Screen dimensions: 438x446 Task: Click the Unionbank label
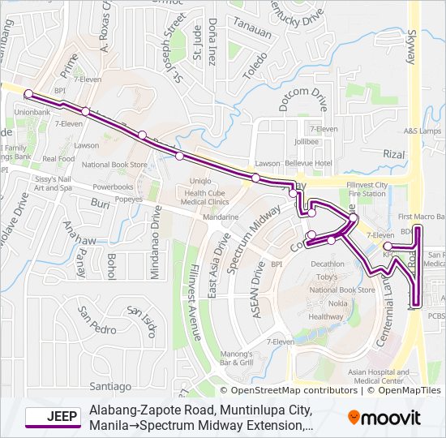pyautogui.click(x=32, y=111)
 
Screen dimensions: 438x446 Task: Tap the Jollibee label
pyautogui.click(x=307, y=141)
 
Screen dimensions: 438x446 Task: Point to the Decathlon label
pyautogui.click(x=328, y=264)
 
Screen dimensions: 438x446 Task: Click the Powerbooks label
pyautogui.click(x=113, y=187)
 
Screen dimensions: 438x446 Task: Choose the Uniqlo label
pyautogui.click(x=200, y=179)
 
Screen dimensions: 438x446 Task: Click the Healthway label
pyautogui.click(x=326, y=316)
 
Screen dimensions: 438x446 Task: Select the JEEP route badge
pyautogui.click(x=52, y=418)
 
